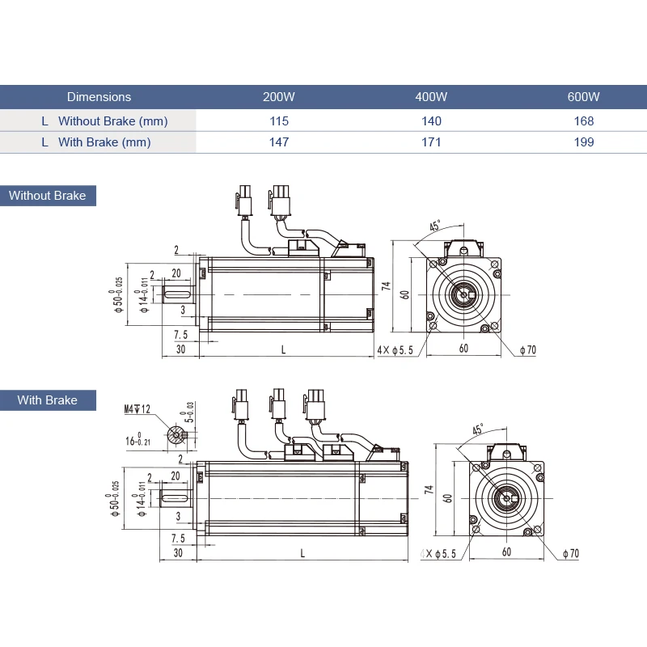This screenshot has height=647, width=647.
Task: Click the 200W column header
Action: [x=279, y=97]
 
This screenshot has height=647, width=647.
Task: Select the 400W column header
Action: [x=431, y=97]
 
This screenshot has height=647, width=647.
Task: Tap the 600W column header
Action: [x=583, y=97]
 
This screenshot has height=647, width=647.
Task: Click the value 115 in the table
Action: [x=279, y=121]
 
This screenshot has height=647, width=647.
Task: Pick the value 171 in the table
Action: [x=431, y=142]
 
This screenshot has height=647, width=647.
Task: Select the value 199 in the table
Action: [x=583, y=142]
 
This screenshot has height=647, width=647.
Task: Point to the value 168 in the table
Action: [x=583, y=121]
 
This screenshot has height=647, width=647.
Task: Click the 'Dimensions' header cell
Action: [x=99, y=97]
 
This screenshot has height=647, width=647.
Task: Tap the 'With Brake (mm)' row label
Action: [x=104, y=142]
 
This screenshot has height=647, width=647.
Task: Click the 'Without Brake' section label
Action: [x=48, y=196]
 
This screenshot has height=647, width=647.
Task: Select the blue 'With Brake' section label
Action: [x=48, y=400]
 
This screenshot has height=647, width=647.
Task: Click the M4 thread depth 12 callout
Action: [x=137, y=409]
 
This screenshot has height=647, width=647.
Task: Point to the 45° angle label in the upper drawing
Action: [x=434, y=226]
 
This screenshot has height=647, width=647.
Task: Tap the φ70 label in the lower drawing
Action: [x=571, y=554]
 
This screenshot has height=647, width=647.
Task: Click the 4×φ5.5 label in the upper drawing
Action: [x=395, y=349]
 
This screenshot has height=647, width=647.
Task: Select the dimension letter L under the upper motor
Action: [x=283, y=349]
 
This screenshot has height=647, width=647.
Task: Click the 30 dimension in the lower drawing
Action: [x=178, y=553]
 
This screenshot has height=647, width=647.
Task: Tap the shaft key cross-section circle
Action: [x=176, y=435]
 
